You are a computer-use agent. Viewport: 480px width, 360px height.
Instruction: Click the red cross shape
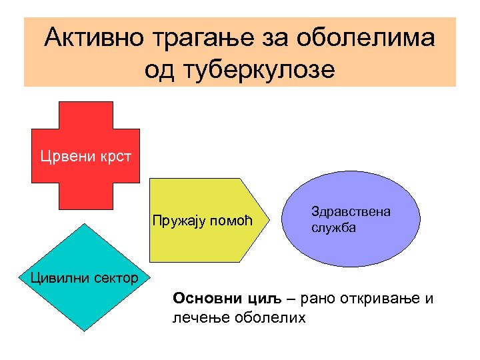tap(85, 127)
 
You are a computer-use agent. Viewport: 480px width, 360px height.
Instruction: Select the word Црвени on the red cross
tap(63, 157)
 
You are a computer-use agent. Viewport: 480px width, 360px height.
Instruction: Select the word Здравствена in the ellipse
tap(351, 211)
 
